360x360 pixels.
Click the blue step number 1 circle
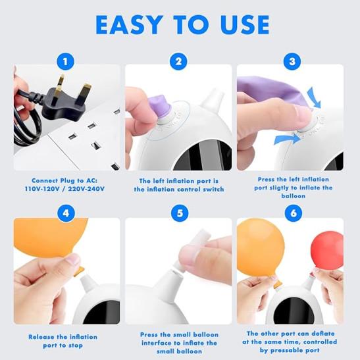pyautogui.click(x=65, y=61)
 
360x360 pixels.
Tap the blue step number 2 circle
pyautogui.click(x=178, y=61)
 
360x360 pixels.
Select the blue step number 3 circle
pyautogui.click(x=292, y=61)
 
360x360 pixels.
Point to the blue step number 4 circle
pyautogui.click(x=66, y=213)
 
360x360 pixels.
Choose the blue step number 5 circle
pyautogui.click(x=180, y=213)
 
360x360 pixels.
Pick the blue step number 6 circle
pyautogui.click(x=294, y=213)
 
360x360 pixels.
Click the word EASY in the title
pyautogui.click(x=128, y=25)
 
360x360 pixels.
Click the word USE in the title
pyautogui.click(x=245, y=25)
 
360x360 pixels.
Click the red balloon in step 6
pyautogui.click(x=327, y=250)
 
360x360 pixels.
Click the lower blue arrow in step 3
pyautogui.click(x=288, y=139)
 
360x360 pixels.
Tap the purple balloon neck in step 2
pyautogui.click(x=160, y=107)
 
